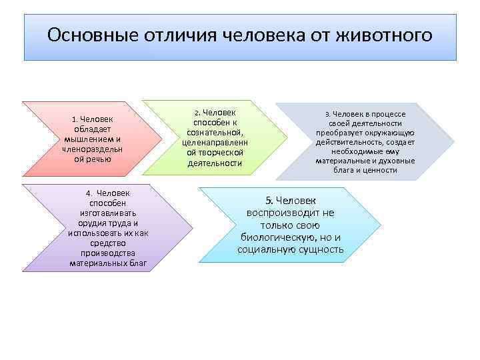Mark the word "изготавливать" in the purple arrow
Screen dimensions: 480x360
point(107,213)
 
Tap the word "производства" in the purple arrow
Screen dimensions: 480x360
point(107,253)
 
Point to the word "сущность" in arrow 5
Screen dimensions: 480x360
point(322,250)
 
